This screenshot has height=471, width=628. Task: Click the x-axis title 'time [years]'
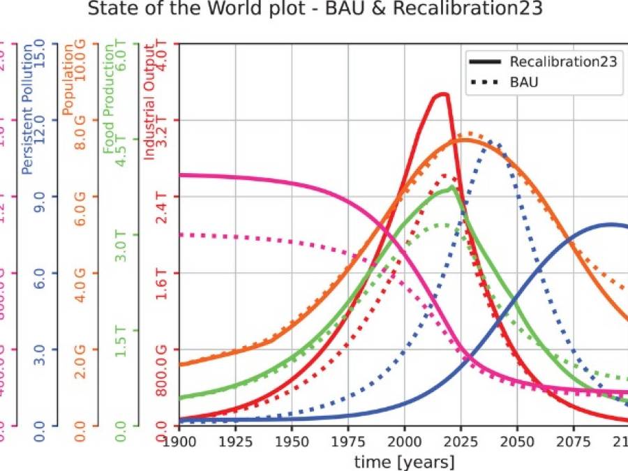[404, 461]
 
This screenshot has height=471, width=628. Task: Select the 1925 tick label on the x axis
[235, 441]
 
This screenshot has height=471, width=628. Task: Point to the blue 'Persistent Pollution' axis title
[28, 109]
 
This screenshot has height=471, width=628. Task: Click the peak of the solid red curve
[441, 94]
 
